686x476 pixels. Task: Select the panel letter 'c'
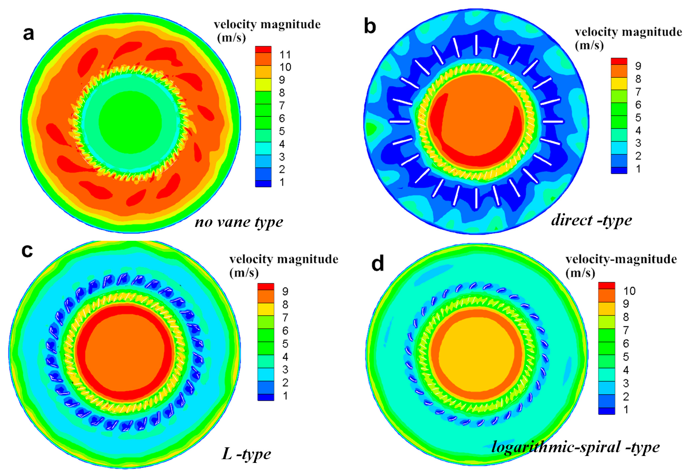pyautogui.click(x=27, y=251)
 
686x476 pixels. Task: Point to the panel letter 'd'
pyautogui.click(x=377, y=263)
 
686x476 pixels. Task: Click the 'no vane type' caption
pyautogui.click(x=239, y=222)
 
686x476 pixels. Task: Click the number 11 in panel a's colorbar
pyautogui.click(x=285, y=55)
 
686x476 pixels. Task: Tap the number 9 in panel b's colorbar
pyautogui.click(x=638, y=66)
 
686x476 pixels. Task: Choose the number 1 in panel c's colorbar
pyautogui.click(x=285, y=396)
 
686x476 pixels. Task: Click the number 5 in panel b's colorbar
pyautogui.click(x=638, y=117)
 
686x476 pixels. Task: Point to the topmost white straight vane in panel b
pyautogui.click(x=476, y=45)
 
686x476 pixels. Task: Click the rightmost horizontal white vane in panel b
pyautogui.click(x=553, y=122)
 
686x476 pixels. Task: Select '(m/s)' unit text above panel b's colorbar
pyautogui.click(x=589, y=46)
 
